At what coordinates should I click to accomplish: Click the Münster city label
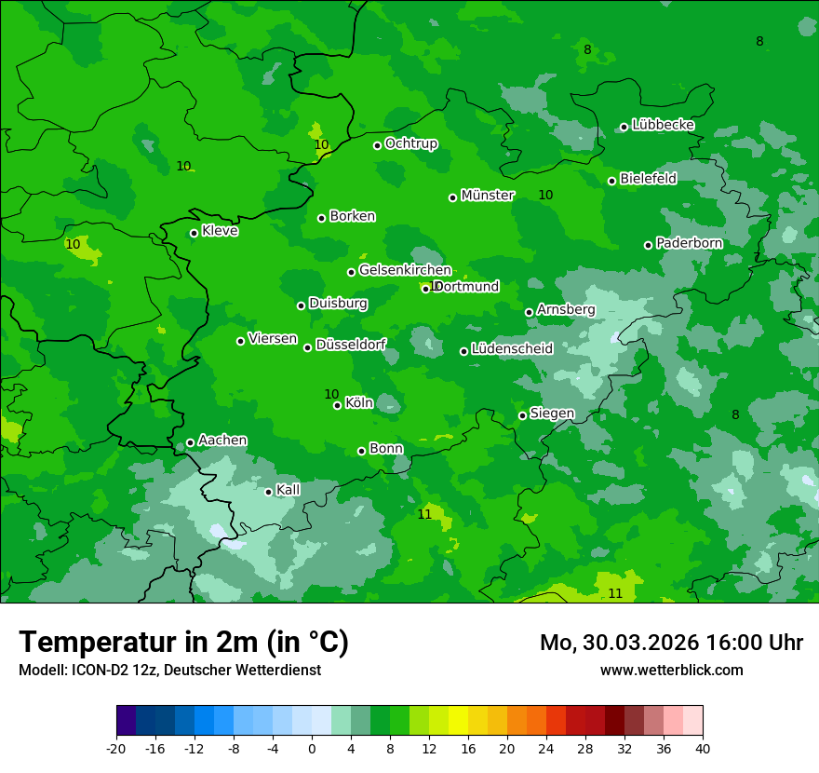coord(488,196)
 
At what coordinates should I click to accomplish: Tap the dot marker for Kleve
coord(194,233)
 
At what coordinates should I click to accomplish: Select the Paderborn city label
coord(689,243)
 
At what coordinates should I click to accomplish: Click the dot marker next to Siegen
coord(522,415)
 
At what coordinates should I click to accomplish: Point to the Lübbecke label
coord(663,125)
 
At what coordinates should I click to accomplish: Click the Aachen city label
coord(222,441)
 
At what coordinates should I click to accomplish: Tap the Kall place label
coord(288,490)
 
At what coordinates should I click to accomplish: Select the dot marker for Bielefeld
coord(611,181)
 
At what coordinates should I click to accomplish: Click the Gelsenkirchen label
coord(405,270)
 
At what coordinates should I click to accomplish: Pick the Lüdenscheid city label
coord(512,349)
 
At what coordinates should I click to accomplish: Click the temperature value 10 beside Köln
coord(331,394)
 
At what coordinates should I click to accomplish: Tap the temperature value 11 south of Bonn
coord(424,514)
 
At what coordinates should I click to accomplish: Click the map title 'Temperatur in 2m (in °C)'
coord(184,642)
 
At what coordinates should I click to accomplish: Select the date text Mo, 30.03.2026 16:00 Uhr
coord(671,643)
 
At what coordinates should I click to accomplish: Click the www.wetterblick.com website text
coord(671,670)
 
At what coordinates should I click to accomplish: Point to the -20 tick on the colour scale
coord(116,748)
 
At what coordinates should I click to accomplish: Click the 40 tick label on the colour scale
coord(703,748)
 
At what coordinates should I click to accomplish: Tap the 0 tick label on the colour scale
coord(312,748)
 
